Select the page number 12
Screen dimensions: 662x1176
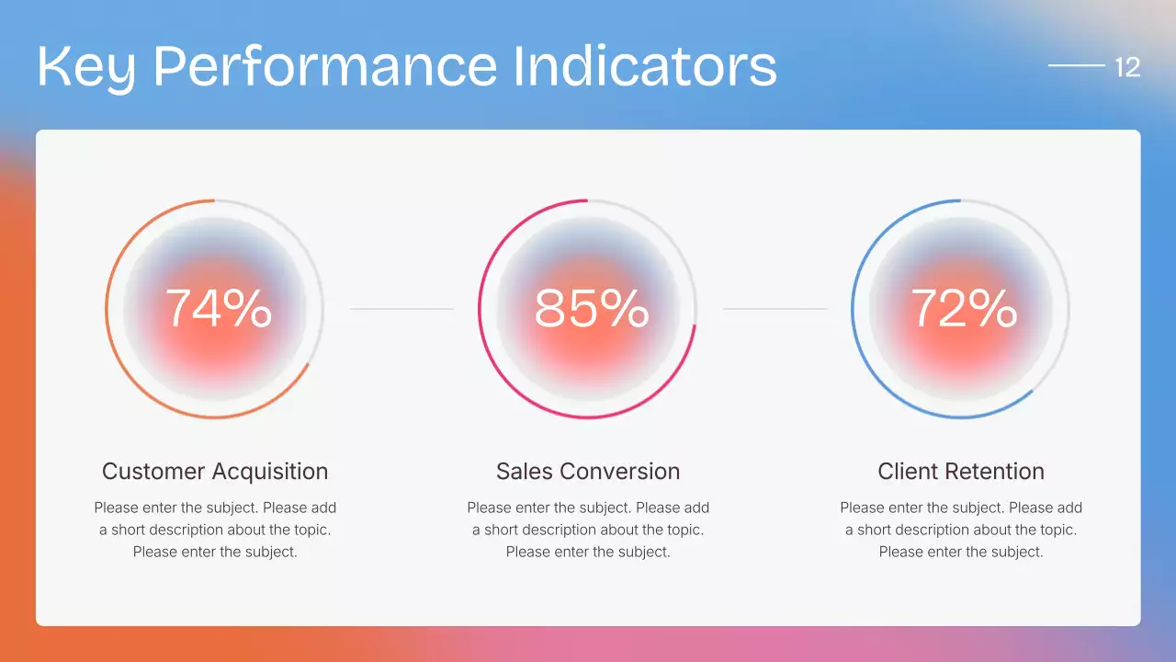tap(1126, 67)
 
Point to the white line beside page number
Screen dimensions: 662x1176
tap(1076, 65)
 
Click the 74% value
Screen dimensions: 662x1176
tap(218, 308)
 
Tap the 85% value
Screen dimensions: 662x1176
tap(591, 308)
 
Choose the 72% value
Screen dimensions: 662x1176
tap(963, 308)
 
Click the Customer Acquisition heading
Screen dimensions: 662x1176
tap(214, 472)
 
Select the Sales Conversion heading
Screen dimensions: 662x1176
tap(588, 472)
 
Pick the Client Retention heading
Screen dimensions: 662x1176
tap(961, 472)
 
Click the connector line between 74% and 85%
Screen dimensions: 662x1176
tap(401, 309)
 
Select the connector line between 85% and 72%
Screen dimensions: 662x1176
tap(775, 309)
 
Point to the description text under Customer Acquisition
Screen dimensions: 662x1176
tap(215, 530)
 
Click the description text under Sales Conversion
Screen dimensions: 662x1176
tap(588, 530)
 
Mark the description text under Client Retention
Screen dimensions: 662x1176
tap(961, 530)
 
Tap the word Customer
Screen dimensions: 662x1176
tap(154, 472)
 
